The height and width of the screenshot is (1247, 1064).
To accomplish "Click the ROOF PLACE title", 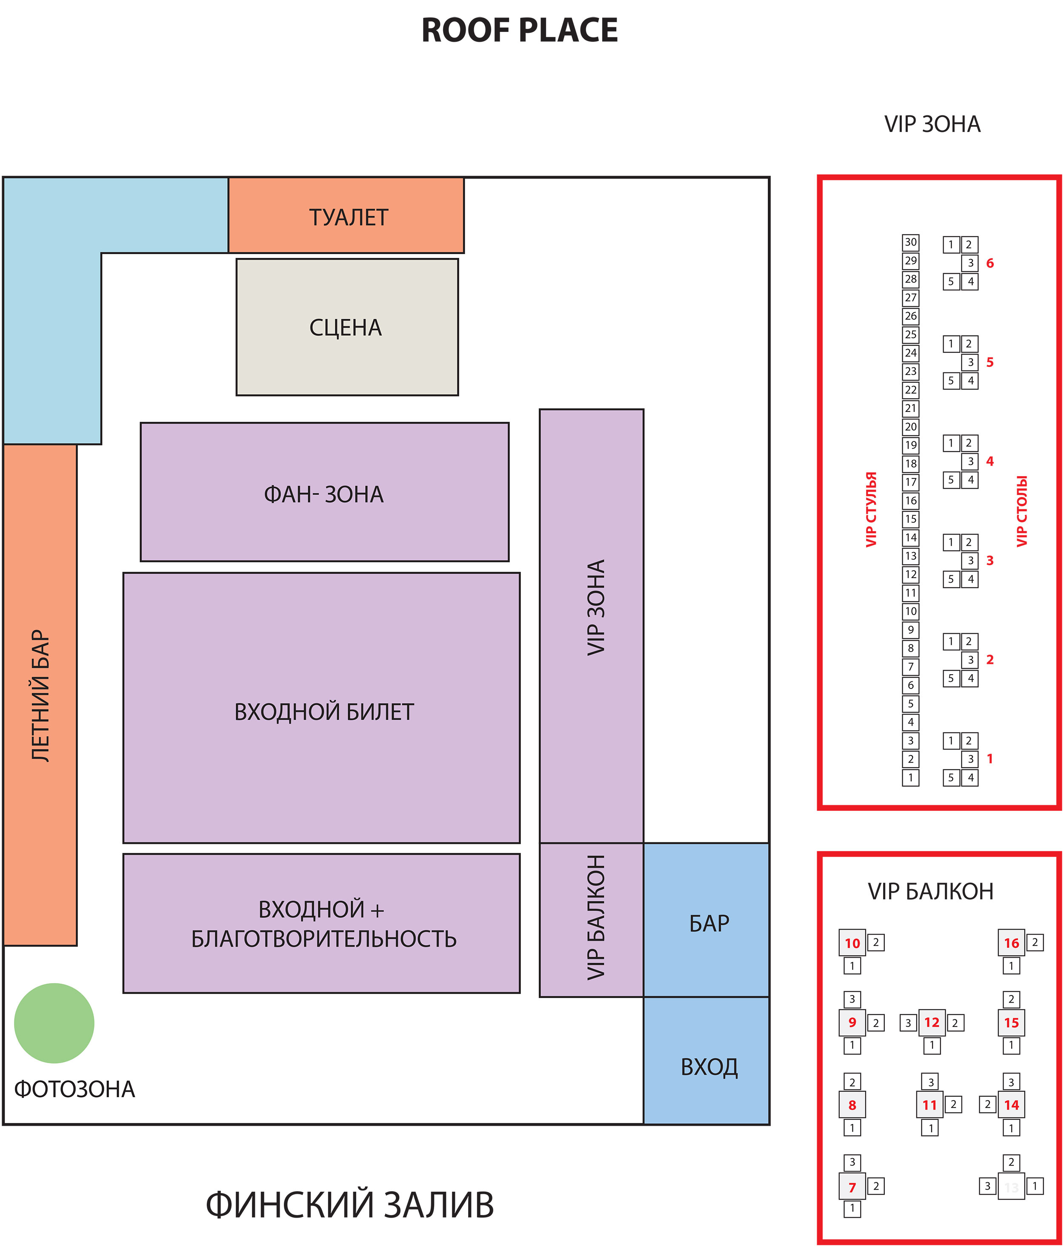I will (519, 30).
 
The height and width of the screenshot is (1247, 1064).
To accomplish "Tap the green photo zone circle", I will (54, 1023).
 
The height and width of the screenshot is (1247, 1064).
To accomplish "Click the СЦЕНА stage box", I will (346, 327).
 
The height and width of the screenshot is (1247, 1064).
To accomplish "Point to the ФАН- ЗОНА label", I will (324, 494).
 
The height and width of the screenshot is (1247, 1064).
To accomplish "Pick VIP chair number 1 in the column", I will (910, 778).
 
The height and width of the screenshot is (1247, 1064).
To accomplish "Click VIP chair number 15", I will (910, 519).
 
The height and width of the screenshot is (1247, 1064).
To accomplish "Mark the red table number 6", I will (990, 263).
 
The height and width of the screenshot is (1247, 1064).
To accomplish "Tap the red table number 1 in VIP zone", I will (990, 759).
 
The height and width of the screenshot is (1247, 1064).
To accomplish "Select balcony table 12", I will (932, 1023).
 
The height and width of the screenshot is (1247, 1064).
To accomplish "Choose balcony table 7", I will (852, 1187).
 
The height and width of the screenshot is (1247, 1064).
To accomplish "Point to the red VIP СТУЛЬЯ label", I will (871, 509).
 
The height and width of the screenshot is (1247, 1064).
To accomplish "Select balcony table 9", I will (852, 1023).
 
